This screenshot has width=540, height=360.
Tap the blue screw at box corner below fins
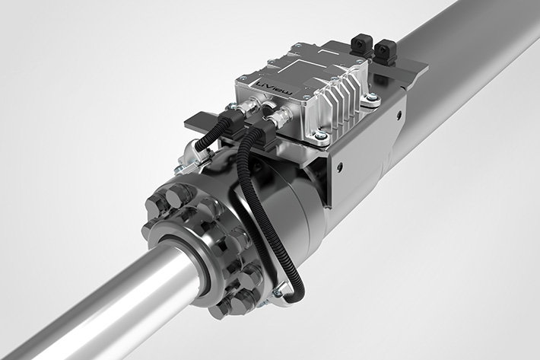[x=317, y=136]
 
